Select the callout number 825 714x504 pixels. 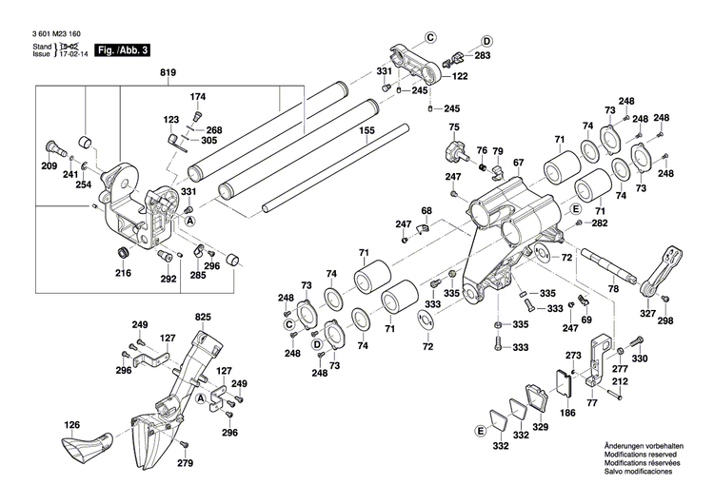point(202,316)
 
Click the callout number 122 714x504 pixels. point(460,77)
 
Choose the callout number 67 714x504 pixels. point(518,163)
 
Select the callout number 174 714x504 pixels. point(198,97)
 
